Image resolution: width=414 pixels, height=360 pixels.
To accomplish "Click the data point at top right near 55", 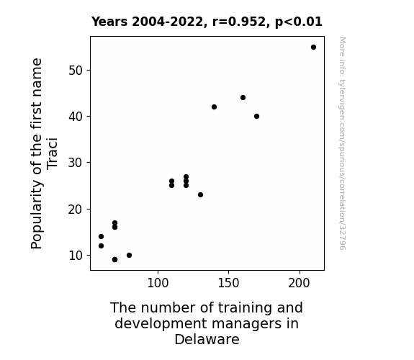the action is click(313, 48).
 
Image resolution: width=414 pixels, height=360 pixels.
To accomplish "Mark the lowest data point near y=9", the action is click(114, 260).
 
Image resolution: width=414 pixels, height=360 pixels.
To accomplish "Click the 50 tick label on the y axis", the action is click(76, 71).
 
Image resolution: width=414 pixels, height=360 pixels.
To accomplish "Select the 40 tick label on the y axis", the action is click(76, 117).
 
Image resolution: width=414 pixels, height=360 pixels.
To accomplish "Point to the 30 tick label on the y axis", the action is click(76, 163).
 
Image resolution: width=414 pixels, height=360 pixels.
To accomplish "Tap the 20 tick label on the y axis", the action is click(76, 210).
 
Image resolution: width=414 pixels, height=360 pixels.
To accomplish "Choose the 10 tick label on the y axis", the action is click(76, 256).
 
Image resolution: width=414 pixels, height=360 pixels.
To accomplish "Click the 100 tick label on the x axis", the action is click(158, 283).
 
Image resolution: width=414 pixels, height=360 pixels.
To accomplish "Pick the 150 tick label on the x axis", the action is click(228, 283).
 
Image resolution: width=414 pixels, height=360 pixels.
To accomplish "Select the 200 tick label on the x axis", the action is click(299, 283).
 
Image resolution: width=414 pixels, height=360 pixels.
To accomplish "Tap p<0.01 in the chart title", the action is click(299, 22).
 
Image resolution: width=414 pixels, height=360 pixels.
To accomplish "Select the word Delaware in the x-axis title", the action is click(207, 339).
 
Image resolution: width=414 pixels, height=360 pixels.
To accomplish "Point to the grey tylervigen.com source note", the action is click(342, 143).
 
